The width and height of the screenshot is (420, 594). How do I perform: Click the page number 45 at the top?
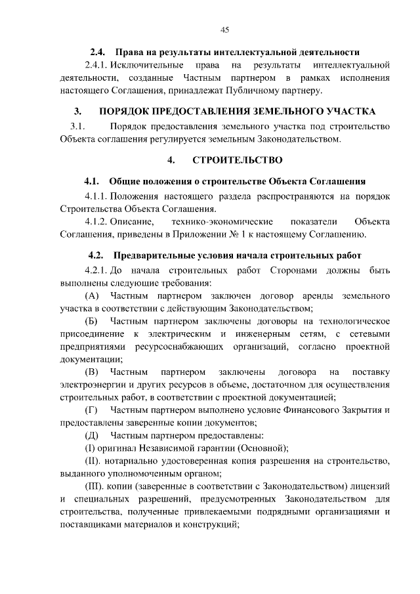(224, 30)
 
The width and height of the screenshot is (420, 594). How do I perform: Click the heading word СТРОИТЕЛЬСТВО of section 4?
(238, 159)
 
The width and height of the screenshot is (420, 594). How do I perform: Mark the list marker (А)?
(92, 296)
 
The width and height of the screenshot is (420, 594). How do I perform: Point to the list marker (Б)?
(92, 321)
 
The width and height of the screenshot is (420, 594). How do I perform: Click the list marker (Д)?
(92, 435)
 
